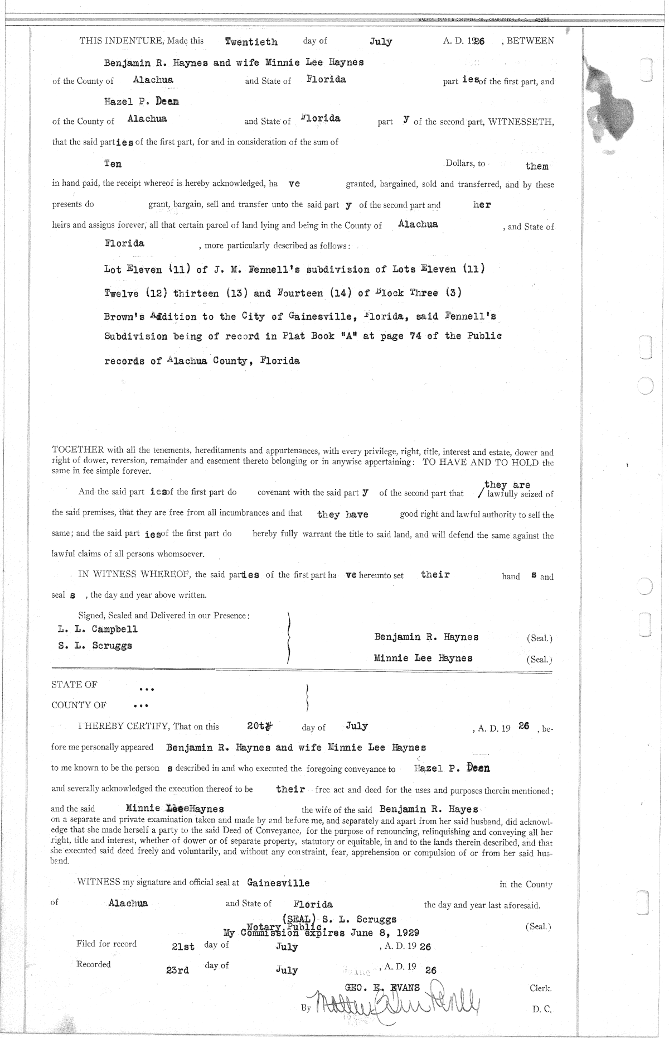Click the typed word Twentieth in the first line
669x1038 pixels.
tap(251, 41)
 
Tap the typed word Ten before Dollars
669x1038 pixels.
tap(113, 164)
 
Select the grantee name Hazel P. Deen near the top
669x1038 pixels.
tap(142, 102)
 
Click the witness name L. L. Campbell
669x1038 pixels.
tap(98, 629)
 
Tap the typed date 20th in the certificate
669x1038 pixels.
tap(259, 726)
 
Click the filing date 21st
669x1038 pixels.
tap(183, 946)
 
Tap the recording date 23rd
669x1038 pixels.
tap(178, 970)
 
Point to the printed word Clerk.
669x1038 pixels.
tap(540, 987)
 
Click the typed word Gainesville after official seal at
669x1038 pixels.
tap(278, 883)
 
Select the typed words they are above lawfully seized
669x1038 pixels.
tap(507, 484)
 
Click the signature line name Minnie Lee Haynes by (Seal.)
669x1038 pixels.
tap(423, 658)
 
